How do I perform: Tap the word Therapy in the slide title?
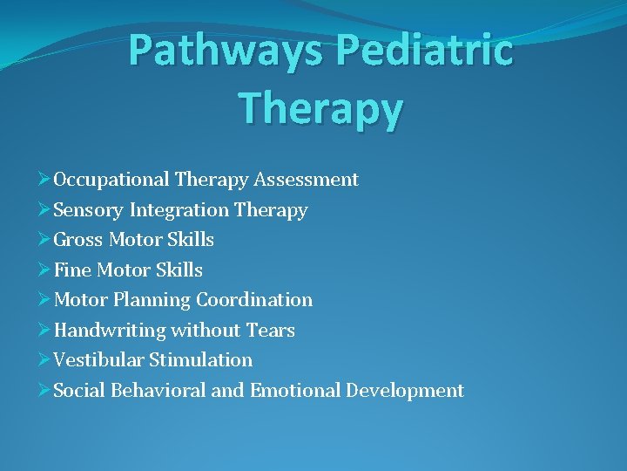[x=320, y=110]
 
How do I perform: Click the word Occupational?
[x=111, y=180]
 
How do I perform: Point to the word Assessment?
[x=307, y=180]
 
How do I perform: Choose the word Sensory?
[x=89, y=210]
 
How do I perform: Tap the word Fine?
[x=72, y=270]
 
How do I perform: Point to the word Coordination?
[x=254, y=300]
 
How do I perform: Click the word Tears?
[x=272, y=331]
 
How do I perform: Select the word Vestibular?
[x=98, y=360]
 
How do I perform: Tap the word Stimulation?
[x=201, y=360]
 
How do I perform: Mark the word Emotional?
[x=295, y=391]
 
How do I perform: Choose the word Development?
[x=405, y=391]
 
